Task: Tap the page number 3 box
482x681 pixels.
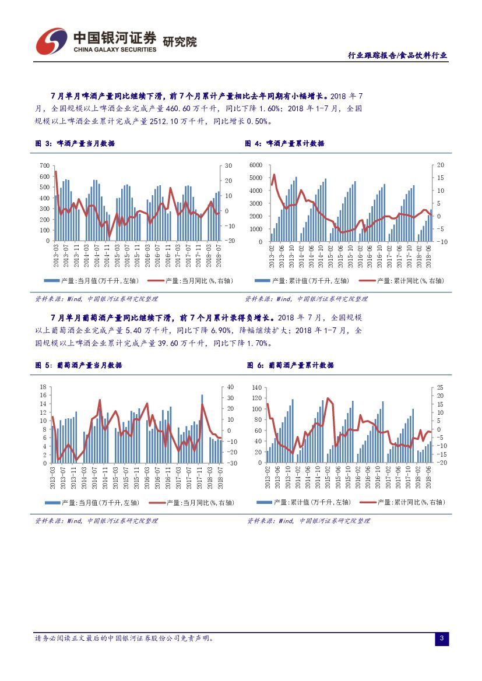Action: pyautogui.click(x=441, y=639)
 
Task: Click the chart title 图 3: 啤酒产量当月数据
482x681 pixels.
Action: pyautogui.click(x=75, y=143)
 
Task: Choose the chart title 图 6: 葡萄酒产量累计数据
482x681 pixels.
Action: pyautogui.click(x=288, y=365)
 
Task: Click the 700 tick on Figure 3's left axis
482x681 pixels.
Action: pyautogui.click(x=44, y=165)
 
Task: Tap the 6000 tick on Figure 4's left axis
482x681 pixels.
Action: pyautogui.click(x=256, y=165)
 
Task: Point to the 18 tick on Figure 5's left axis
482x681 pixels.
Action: pyautogui.click(x=43, y=387)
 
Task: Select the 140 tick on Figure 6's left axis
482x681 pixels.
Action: pyautogui.click(x=256, y=387)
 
